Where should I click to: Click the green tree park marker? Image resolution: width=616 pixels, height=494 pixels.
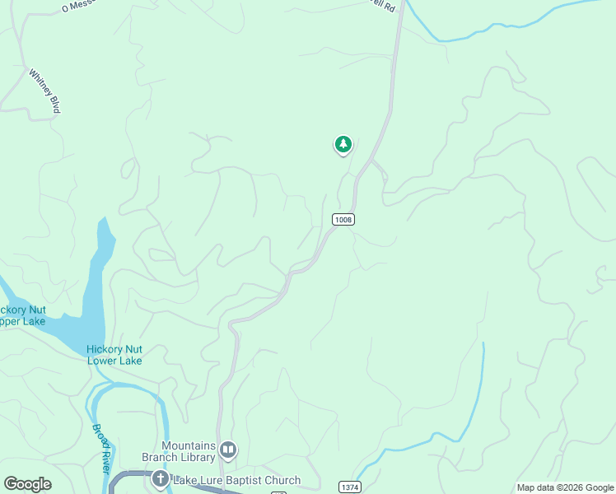point(343,145)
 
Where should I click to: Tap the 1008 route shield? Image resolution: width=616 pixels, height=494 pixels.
point(343,219)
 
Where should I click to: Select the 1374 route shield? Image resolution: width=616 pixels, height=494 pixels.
point(350,487)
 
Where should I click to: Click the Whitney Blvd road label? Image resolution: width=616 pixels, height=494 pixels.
point(44,91)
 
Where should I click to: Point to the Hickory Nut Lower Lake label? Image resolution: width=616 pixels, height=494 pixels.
point(114,355)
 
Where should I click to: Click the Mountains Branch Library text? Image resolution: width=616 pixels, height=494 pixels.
point(189,451)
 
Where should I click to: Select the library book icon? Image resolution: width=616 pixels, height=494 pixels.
point(228,450)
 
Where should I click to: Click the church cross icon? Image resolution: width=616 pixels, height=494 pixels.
point(160,478)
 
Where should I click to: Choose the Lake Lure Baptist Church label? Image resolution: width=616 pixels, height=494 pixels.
point(236,480)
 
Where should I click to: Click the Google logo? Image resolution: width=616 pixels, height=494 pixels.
point(27,484)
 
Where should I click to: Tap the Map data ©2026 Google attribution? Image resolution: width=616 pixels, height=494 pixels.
point(566,487)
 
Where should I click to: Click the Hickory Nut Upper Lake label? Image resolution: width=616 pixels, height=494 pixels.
point(22,315)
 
